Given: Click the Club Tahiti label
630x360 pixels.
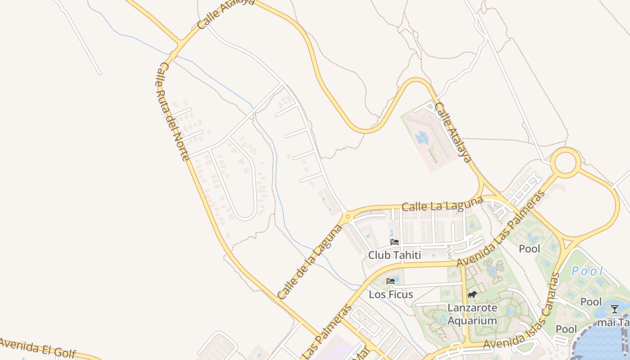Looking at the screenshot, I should (x=394, y=255).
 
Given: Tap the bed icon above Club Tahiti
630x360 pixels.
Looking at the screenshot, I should (x=395, y=242).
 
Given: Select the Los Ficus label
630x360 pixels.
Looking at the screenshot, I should (x=391, y=295).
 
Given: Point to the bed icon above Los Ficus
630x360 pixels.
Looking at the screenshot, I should (x=391, y=281).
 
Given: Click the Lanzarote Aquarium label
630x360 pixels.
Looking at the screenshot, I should (x=472, y=314).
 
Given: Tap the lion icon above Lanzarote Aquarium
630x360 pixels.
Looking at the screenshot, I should (x=472, y=295).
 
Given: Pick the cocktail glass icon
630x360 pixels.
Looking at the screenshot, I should (x=614, y=309).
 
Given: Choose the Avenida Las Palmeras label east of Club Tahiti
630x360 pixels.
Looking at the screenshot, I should (x=501, y=228).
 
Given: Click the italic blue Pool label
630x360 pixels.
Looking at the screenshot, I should (x=587, y=271).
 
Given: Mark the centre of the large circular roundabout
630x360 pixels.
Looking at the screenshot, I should (x=566, y=162).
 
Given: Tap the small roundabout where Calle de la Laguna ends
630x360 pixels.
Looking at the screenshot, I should (x=347, y=217).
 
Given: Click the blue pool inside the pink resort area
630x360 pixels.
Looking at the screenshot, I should (x=422, y=138).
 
